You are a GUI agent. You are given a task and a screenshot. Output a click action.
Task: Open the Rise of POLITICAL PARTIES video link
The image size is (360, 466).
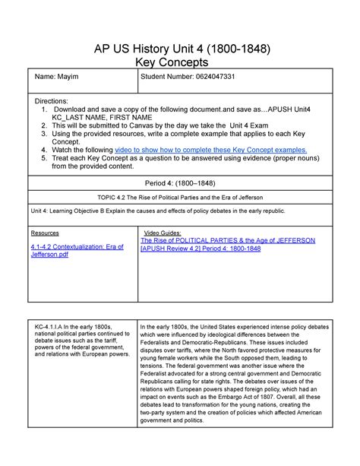pyautogui.click(x=228, y=240)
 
